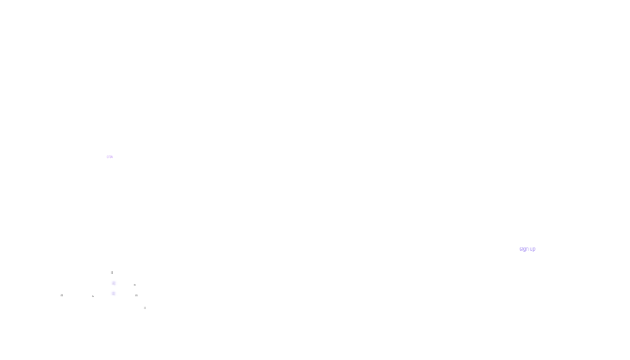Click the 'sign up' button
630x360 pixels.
click(x=527, y=249)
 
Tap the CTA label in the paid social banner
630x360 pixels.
click(x=110, y=156)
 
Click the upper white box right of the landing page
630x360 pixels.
click(x=410, y=170)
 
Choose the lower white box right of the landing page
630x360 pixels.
click(x=410, y=270)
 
